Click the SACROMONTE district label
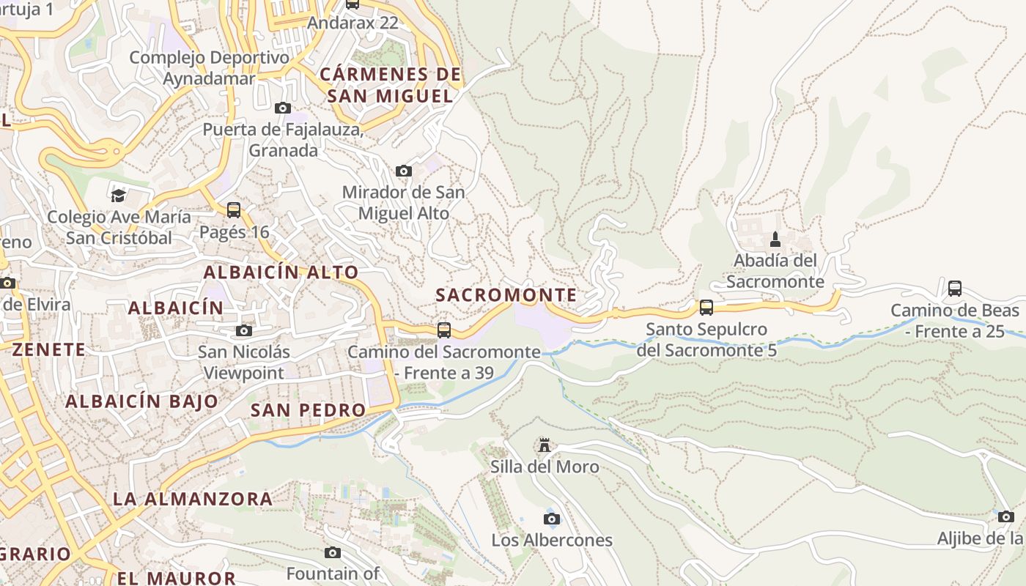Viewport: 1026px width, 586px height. click(x=506, y=295)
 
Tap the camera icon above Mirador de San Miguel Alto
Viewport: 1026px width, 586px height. click(x=403, y=171)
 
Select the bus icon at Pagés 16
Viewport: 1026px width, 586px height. click(x=234, y=210)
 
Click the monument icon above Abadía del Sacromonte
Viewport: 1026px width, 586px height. click(x=775, y=240)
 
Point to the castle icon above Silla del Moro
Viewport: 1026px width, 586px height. click(x=544, y=445)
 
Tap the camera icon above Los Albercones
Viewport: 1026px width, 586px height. click(x=552, y=519)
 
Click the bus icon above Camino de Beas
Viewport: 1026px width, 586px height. click(x=954, y=288)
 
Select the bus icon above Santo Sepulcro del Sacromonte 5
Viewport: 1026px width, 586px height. click(x=706, y=307)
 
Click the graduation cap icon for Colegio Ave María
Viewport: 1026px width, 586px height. click(x=118, y=195)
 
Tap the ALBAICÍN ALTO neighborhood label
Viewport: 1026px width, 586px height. click(x=281, y=272)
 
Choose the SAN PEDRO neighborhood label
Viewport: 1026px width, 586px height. click(x=308, y=410)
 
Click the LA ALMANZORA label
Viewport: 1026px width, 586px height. click(x=192, y=500)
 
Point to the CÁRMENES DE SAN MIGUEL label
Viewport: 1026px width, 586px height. click(x=391, y=85)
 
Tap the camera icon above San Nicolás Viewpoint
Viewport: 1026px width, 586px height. click(x=244, y=331)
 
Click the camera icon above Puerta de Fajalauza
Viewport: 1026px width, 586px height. click(x=282, y=108)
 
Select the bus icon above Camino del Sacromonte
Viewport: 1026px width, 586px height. click(x=443, y=330)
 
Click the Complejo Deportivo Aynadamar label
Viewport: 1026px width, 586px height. click(x=210, y=68)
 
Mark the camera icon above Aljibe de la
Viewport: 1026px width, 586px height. click(x=1005, y=516)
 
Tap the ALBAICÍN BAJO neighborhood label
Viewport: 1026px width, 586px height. click(x=141, y=401)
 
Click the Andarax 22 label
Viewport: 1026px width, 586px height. click(x=352, y=23)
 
